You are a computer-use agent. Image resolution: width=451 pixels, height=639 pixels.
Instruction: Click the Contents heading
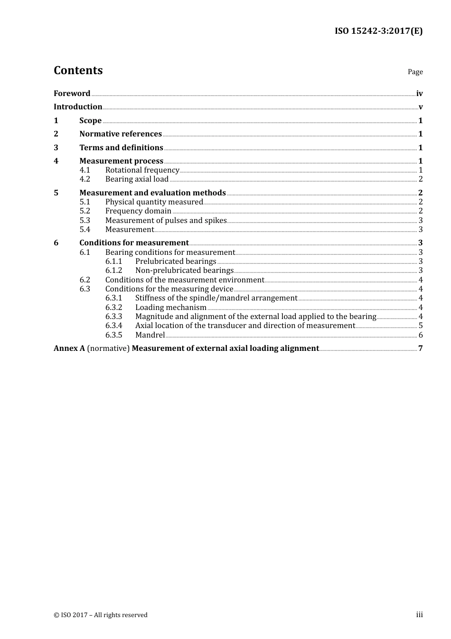[78, 70]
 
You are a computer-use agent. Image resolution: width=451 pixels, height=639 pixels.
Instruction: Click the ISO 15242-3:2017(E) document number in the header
[378, 31]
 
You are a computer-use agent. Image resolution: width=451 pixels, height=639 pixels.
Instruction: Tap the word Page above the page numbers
[415, 72]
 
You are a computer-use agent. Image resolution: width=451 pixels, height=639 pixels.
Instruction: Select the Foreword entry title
[72, 94]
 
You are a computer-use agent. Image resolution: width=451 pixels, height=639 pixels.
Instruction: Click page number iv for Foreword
[419, 94]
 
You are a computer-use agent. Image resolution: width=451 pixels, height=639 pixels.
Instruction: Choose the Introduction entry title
[78, 107]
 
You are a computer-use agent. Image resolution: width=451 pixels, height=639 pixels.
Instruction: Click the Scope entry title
[90, 121]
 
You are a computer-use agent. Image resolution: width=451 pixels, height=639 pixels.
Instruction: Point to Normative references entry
[121, 134]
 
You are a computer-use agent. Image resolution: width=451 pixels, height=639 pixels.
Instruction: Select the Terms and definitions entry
[121, 148]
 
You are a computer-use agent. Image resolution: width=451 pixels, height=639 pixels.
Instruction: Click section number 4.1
[85, 170]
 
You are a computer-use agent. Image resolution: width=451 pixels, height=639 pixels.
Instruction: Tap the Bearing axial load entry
[137, 179]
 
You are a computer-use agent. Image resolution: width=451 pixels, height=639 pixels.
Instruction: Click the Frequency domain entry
[138, 211]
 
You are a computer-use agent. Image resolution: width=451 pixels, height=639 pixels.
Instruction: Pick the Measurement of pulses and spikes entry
[166, 221]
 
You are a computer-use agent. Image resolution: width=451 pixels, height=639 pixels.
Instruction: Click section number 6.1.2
[113, 271]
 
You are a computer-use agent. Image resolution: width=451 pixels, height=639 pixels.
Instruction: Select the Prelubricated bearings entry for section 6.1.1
[176, 261]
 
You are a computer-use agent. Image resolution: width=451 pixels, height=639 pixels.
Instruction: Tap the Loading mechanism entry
[170, 308]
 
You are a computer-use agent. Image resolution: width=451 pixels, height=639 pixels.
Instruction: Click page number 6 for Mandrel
[421, 335]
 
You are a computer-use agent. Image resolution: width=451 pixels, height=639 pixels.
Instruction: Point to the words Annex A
[69, 349]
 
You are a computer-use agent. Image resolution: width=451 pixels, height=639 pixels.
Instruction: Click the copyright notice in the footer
[101, 615]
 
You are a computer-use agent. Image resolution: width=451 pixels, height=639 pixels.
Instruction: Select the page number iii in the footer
[419, 615]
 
